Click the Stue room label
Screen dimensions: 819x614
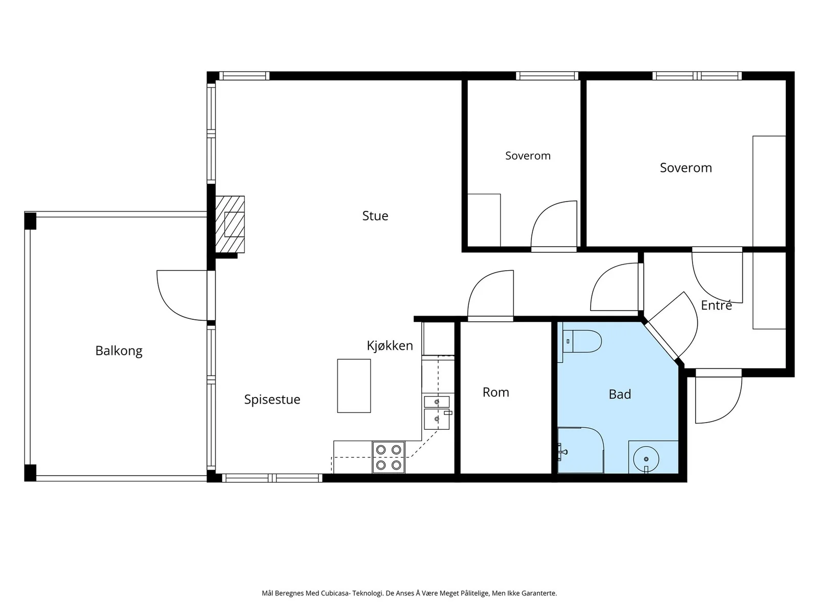pos(375,216)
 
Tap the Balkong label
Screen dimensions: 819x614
pos(119,351)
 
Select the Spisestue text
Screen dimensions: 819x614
pos(272,399)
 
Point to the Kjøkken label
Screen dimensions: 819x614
pos(390,346)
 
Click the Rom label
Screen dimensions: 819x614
pos(495,392)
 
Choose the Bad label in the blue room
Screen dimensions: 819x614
pos(620,394)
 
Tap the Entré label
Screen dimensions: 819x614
pos(716,305)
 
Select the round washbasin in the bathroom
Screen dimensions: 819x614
pos(646,459)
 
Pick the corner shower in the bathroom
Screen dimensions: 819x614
pos(580,450)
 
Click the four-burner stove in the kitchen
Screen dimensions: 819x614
pos(389,457)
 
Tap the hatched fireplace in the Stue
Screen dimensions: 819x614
pos(230,225)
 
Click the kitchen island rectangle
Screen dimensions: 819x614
pos(354,386)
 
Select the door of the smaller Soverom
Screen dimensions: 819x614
pos(554,226)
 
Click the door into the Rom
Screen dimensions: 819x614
pos(490,295)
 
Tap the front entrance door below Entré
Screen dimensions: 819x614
pos(718,399)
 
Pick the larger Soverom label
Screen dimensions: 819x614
pos(686,168)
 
